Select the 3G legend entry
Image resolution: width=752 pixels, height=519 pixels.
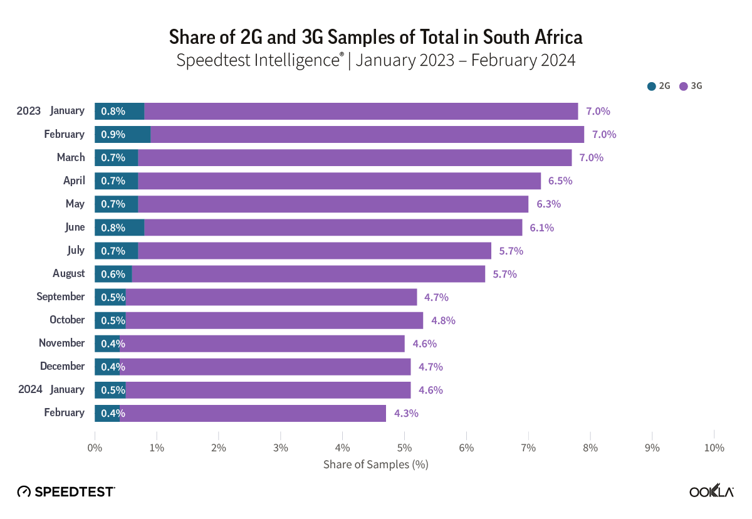pos(691,86)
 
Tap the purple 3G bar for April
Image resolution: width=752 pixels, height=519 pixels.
pos(338,181)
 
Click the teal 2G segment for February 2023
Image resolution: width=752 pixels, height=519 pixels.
pos(123,134)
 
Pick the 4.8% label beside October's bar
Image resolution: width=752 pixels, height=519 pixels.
pos(443,320)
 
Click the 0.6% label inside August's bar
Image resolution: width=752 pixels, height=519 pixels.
pos(113,274)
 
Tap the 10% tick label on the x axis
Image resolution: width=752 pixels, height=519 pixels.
pos(714,448)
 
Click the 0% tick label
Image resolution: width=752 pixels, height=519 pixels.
pos(95,448)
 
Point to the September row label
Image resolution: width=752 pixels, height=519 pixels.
pos(60,296)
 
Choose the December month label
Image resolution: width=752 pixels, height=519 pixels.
pos(62,366)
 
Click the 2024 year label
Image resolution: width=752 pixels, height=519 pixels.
pos(30,389)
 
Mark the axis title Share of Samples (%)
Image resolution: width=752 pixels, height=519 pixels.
pos(375,465)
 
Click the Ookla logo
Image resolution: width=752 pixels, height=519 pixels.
pos(711,492)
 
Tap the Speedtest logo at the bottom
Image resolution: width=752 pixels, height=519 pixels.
pos(66,492)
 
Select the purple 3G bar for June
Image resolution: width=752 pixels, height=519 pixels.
pos(332,227)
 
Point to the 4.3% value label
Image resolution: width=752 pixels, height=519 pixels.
pos(406,413)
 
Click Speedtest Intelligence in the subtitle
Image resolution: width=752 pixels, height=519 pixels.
pos(259,61)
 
